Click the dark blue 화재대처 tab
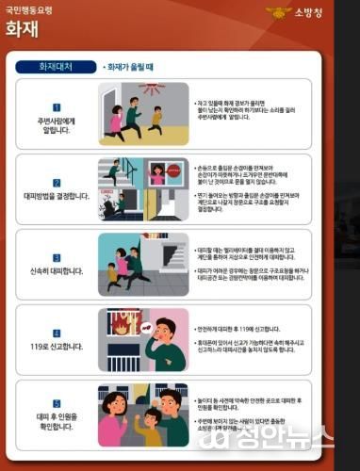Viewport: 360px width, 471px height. pos(55,68)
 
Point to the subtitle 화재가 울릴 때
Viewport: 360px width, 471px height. pos(131,68)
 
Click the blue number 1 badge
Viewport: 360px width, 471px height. pos(56,107)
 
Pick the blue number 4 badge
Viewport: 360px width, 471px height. pos(56,333)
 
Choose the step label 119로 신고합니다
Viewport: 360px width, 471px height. pos(56,347)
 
